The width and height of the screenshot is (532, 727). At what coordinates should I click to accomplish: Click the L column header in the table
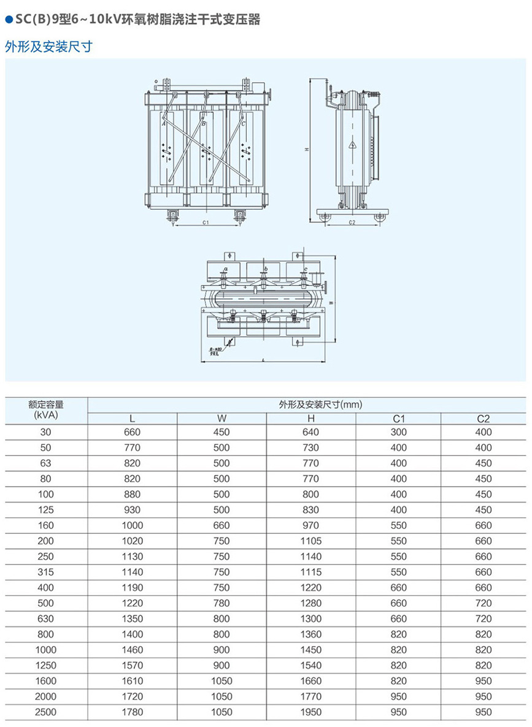(132, 419)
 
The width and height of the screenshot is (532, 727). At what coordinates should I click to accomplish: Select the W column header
(222, 419)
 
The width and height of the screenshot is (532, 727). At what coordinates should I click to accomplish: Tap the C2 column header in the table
(484, 419)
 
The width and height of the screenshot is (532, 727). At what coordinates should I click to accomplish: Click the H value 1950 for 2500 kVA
(311, 712)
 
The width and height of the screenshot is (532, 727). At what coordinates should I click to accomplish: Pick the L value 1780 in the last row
(132, 712)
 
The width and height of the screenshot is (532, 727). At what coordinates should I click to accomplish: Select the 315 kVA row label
(46, 572)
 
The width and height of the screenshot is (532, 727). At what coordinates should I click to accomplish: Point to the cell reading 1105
(311, 541)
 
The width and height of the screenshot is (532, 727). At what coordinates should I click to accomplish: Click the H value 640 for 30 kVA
(311, 432)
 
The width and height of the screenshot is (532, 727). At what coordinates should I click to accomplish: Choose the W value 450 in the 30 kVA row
(222, 432)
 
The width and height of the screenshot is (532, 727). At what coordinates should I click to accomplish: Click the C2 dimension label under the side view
(352, 223)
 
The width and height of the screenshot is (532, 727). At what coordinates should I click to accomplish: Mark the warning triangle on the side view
(352, 145)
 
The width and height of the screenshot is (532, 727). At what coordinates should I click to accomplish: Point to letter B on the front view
(204, 124)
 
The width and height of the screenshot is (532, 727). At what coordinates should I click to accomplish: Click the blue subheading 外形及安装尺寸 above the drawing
(48, 47)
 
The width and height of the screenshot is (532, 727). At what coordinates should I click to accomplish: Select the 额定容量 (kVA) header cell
(46, 409)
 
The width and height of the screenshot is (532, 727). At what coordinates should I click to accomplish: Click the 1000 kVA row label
(46, 649)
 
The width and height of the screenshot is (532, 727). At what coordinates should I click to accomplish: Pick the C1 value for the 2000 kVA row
(399, 696)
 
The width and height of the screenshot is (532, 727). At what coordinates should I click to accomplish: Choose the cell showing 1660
(311, 680)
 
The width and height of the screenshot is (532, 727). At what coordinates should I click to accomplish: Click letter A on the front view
(164, 124)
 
